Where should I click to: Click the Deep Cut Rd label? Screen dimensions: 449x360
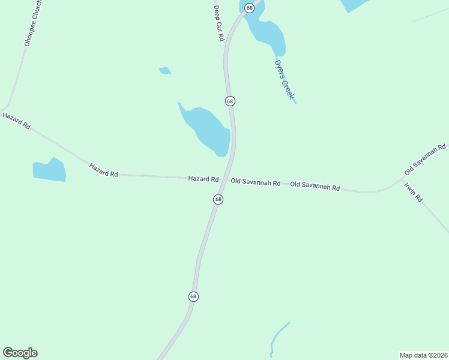[219, 23]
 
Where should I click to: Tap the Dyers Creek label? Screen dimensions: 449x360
[283, 80]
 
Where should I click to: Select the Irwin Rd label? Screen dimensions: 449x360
[414, 191]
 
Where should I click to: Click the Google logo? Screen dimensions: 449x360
[20, 353]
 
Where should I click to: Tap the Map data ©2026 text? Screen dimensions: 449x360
[423, 355]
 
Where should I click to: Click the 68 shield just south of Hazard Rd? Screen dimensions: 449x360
[218, 199]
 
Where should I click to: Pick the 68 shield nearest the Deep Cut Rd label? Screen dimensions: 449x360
[249, 8]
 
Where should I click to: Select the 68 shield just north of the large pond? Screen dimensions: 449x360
[230, 101]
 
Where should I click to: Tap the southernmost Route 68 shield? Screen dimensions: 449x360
[193, 296]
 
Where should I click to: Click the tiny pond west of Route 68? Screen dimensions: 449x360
[164, 71]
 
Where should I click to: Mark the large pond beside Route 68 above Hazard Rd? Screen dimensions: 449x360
[208, 131]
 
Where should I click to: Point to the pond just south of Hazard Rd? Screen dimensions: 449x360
[49, 170]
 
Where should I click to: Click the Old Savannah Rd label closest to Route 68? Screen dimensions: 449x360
[256, 182]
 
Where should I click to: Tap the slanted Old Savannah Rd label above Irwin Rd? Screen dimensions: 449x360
[426, 155]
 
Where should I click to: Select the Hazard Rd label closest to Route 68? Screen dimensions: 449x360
[203, 179]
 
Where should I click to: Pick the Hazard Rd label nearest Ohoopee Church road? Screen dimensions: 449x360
[16, 121]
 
